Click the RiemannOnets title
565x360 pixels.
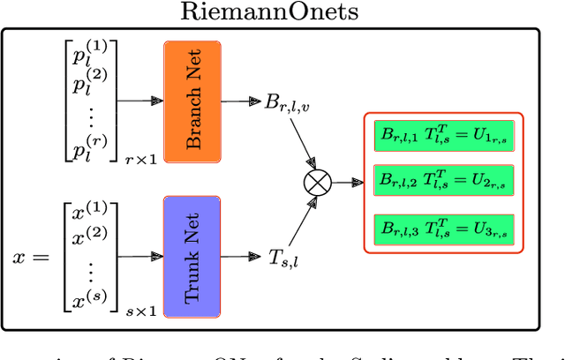282,12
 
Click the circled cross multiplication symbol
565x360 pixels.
315,184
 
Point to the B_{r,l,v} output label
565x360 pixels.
288,101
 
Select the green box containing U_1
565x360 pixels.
444,135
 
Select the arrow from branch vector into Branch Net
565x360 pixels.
139,100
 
